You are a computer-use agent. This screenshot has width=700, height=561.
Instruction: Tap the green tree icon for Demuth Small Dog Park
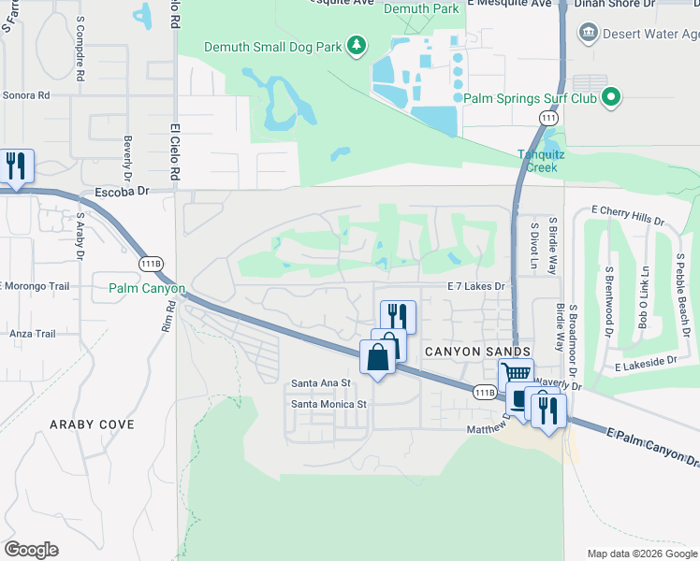click(356, 45)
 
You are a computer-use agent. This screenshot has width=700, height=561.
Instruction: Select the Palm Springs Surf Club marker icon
click(612, 97)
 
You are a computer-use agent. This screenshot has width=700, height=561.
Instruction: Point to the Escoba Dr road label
click(123, 192)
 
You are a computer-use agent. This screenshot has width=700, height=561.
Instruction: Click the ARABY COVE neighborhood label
click(92, 424)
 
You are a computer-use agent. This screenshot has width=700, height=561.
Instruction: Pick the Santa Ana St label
click(320, 383)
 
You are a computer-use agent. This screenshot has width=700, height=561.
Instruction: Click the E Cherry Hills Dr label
click(626, 217)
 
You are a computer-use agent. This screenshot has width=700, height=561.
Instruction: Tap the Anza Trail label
click(33, 334)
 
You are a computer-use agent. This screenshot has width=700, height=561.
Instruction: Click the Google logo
click(31, 550)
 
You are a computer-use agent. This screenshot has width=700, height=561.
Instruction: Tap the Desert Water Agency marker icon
click(589, 34)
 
